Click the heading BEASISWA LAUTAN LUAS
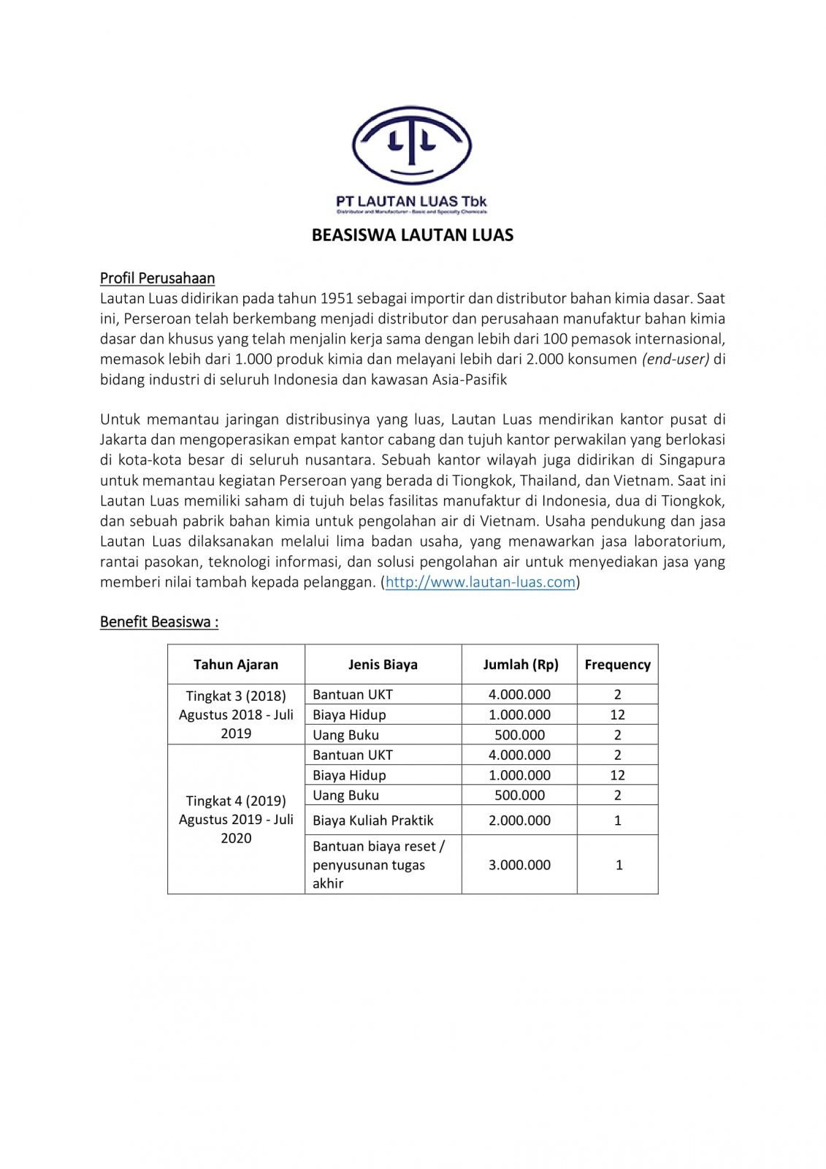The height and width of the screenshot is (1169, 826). pyautogui.click(x=413, y=235)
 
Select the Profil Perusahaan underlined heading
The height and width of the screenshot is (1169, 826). pyautogui.click(x=157, y=278)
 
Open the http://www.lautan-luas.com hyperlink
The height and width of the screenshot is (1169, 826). pyautogui.click(x=481, y=582)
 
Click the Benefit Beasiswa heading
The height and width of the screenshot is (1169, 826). pyautogui.click(x=159, y=622)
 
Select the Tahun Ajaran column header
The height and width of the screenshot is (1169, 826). pyautogui.click(x=236, y=665)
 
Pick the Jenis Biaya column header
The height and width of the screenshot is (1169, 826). pyautogui.click(x=383, y=665)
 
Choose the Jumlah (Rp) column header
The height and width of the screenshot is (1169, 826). pyautogui.click(x=520, y=665)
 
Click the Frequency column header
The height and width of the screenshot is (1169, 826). pyautogui.click(x=617, y=665)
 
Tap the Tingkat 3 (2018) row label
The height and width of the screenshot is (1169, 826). pyautogui.click(x=236, y=696)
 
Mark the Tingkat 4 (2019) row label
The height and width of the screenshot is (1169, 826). pyautogui.click(x=236, y=801)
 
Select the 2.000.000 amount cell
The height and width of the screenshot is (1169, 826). pyautogui.click(x=519, y=820)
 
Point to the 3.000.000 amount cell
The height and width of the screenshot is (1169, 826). pyautogui.click(x=519, y=865)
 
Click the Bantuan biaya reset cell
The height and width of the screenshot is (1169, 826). pyautogui.click(x=378, y=847)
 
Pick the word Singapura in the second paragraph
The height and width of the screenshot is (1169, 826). pyautogui.click(x=692, y=460)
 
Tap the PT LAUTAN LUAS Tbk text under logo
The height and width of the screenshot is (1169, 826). pyautogui.click(x=411, y=201)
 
